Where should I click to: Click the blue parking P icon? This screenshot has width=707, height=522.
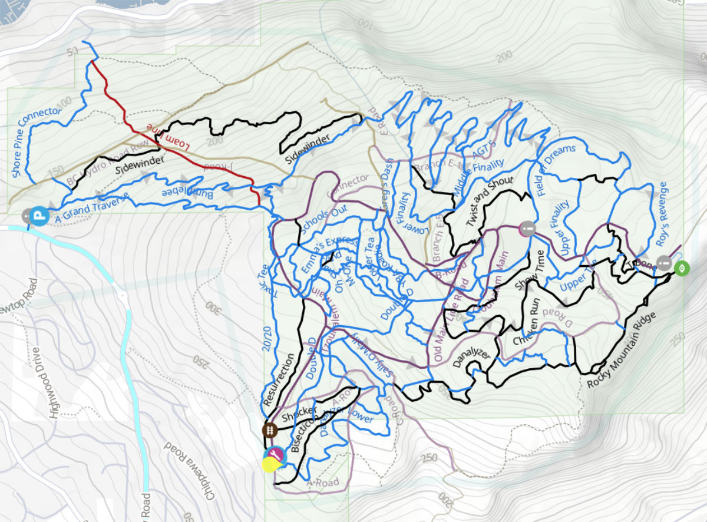(x=39, y=216)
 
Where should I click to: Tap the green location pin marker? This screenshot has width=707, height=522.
(x=682, y=269)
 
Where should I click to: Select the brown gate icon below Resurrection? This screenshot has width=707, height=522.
(x=270, y=430)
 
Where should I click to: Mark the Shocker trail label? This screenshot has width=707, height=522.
(x=300, y=413)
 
